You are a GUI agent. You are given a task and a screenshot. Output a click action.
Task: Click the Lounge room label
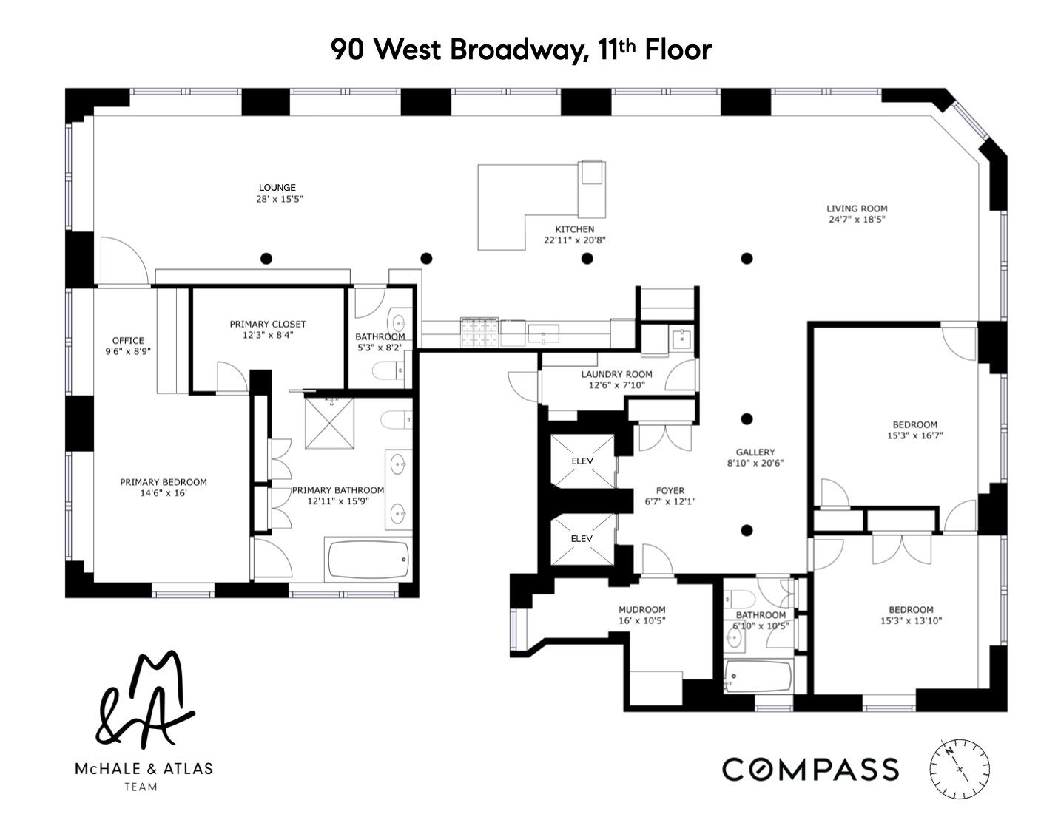[277, 188]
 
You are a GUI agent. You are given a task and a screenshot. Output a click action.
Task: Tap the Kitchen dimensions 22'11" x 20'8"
[575, 240]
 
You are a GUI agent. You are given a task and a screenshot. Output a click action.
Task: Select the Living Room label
[857, 209]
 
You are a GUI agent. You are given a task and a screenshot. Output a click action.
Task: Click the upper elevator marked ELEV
[582, 461]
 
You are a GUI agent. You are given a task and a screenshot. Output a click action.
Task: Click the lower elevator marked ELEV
[582, 539]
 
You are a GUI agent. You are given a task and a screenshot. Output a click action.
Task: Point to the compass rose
[960, 769]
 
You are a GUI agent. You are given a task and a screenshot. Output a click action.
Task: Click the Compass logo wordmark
[810, 770]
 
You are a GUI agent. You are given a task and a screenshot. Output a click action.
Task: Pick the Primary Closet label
[267, 325]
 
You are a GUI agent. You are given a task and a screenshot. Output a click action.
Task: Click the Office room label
[128, 341]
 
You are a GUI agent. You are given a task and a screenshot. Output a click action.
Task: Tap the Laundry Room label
[616, 374]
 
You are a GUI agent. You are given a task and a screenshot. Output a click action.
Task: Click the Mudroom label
[641, 610]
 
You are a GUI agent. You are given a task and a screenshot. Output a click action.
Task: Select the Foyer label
[670, 490]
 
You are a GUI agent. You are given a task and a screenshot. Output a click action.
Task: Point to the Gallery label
[755, 452]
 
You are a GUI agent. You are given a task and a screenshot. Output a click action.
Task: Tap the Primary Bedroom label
[164, 482]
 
